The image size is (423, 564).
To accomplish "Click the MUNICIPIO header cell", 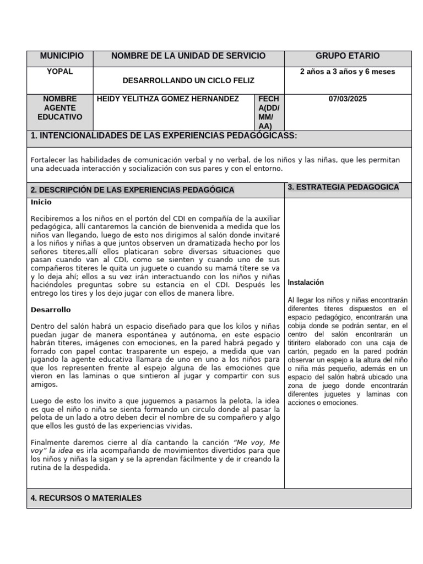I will (62, 56).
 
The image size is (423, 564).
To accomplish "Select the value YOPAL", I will (60, 72).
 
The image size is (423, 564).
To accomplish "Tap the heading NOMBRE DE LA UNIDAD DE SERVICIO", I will (188, 56).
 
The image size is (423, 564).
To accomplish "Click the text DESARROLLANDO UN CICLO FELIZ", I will (188, 80).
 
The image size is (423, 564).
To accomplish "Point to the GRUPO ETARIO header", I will (348, 56).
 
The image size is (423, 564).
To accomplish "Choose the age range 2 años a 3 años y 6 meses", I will (348, 72).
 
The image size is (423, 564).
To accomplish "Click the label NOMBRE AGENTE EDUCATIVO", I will (60, 108).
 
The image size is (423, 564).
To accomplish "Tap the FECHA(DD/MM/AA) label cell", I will (269, 112).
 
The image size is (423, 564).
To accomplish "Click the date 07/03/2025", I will (348, 99).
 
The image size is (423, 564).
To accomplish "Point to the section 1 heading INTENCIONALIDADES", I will (164, 136).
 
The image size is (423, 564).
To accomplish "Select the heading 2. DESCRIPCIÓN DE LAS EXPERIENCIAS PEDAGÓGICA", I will (132, 190).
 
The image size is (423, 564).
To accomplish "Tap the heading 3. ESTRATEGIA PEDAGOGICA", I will (343, 187).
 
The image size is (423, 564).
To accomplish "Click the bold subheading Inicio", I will (41, 202).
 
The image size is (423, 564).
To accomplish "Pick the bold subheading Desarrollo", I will (51, 310).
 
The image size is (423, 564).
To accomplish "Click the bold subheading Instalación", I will (306, 283).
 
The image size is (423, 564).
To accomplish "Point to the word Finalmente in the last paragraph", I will (50, 442).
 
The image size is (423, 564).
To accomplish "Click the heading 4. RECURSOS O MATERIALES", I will (86, 498).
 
